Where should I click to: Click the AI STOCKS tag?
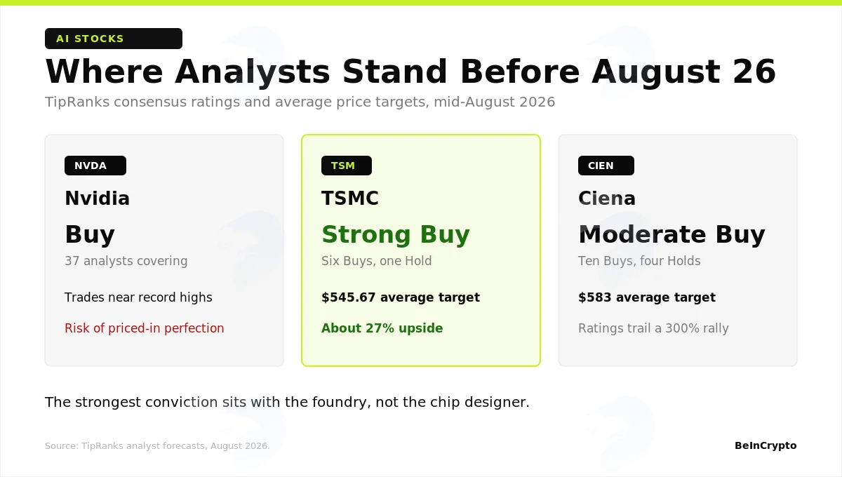[x=114, y=39]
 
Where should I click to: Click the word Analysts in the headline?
[x=252, y=72]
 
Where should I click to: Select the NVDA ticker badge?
[x=95, y=166]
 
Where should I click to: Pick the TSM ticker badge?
[x=347, y=166]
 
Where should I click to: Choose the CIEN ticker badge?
[x=606, y=166]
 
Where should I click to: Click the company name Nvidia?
[x=98, y=198]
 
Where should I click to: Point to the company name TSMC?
[x=350, y=198]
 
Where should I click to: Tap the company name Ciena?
[x=607, y=198]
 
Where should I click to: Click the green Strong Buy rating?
[x=396, y=234]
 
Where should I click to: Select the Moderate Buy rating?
[x=671, y=234]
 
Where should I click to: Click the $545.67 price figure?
[x=349, y=297]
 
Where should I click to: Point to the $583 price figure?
[x=595, y=297]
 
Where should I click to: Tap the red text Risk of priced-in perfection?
[x=145, y=328]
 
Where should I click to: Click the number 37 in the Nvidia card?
[x=72, y=261]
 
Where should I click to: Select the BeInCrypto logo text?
[x=766, y=445]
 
